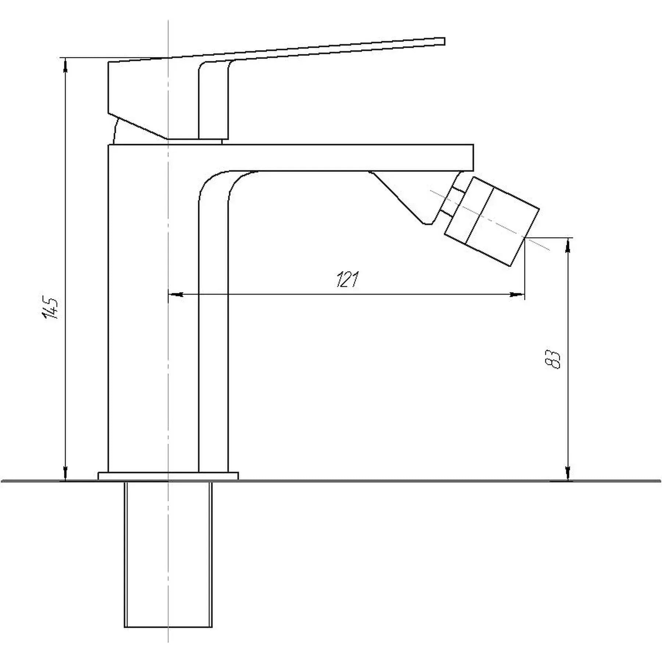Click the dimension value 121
click(347, 280)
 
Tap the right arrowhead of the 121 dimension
click(517, 294)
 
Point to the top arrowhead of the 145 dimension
click(65, 65)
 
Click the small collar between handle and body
click(195, 142)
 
